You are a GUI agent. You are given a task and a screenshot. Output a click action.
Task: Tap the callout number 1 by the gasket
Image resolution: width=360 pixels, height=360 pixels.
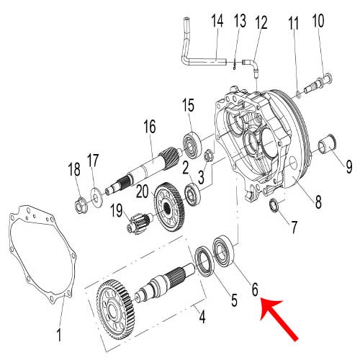tap(60, 334)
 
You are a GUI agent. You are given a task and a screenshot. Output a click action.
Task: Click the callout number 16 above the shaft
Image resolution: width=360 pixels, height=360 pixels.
tap(149, 127)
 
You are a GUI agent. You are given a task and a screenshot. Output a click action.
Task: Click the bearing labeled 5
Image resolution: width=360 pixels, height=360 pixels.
tap(205, 260)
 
